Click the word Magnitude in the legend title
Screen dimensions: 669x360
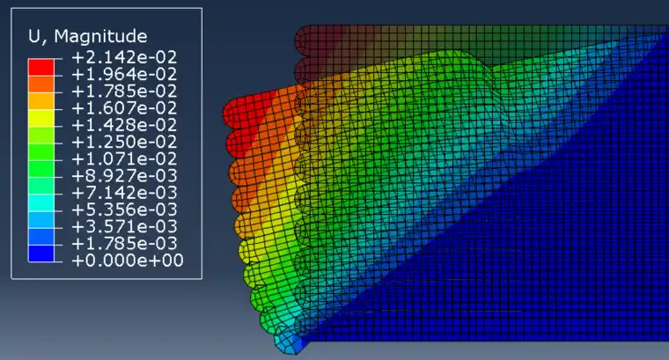[100, 37]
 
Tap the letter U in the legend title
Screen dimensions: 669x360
[33, 36]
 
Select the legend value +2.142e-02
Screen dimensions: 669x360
[124, 57]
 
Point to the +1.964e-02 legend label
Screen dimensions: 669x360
[124, 74]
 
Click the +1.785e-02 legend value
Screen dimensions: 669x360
[124, 92]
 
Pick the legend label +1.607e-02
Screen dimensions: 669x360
[124, 108]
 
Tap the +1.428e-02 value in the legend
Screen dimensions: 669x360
[124, 125]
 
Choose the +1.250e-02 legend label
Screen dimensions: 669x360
[124, 142]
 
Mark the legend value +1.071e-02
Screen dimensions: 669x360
[124, 158]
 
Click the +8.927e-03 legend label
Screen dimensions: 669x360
[124, 176]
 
